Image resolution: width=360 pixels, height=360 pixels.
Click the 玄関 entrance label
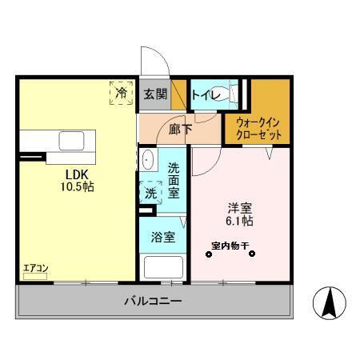pyautogui.click(x=155, y=94)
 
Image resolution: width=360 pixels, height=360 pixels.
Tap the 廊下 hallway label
pyautogui.click(x=179, y=127)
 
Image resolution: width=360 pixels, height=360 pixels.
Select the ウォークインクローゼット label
pyautogui.click(x=258, y=128)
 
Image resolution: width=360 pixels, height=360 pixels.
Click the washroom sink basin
pyautogui.click(x=148, y=160)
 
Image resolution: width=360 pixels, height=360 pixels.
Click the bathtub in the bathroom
pyautogui.click(x=162, y=266)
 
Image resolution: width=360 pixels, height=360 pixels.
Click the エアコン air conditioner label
pyautogui.click(x=34, y=270)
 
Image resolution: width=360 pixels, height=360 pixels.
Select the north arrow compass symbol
pyautogui.click(x=329, y=302)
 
